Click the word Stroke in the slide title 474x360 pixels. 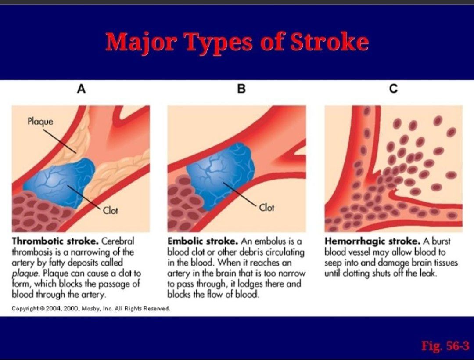coord(330,42)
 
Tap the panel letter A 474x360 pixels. coord(81,89)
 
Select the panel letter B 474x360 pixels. coord(241,89)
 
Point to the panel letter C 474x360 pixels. coord(393,89)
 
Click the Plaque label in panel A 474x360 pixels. coord(40,122)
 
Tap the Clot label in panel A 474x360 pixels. coord(110,210)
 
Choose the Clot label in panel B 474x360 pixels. coord(267,208)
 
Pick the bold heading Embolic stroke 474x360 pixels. coord(203,241)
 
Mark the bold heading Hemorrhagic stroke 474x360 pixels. coord(373,241)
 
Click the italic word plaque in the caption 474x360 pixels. coord(26,274)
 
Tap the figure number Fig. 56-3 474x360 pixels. coord(445,346)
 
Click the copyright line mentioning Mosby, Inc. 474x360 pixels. coord(91,309)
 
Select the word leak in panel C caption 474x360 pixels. coord(427,274)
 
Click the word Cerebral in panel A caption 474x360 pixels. coord(118,241)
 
